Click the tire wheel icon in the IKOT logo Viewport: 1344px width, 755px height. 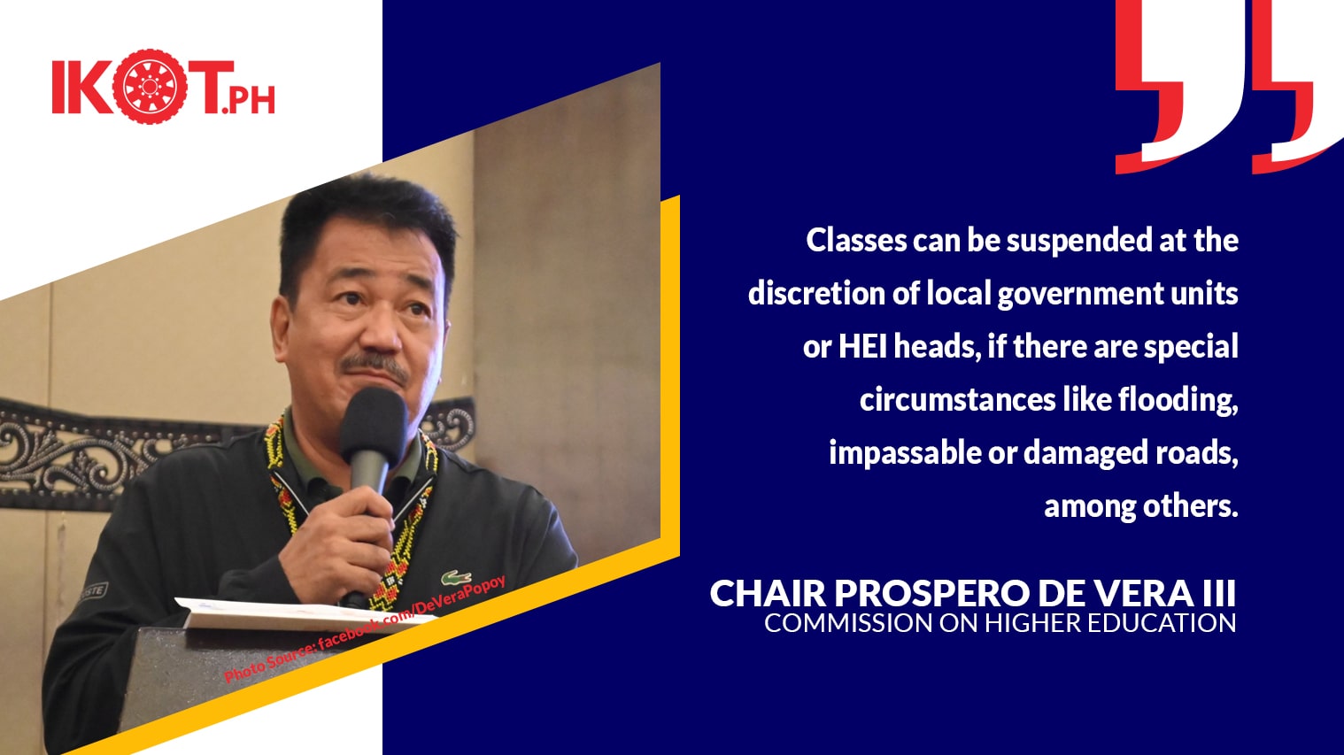point(150,87)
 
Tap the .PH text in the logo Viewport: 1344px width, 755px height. point(248,101)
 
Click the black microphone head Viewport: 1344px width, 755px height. point(374,420)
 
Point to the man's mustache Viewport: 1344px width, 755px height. point(375,366)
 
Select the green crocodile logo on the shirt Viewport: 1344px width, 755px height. point(456,577)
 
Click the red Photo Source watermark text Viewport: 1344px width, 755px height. point(365,629)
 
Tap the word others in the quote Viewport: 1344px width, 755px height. point(1184,507)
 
